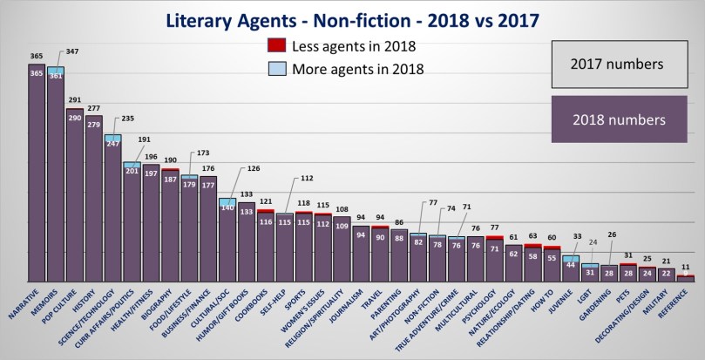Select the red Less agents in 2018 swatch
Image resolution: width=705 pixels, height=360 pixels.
pos(277,45)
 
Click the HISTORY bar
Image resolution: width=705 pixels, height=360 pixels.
pos(93,200)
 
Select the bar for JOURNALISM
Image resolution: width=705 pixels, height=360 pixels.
pos(360,253)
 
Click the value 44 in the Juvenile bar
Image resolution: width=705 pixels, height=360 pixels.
pos(571,264)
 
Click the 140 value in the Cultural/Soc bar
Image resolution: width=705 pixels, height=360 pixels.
pos(227,208)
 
